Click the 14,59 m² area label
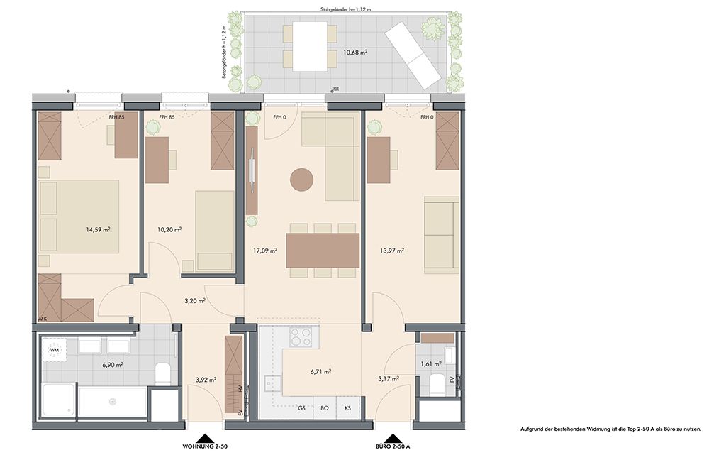[x=98, y=229]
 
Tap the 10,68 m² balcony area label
[x=355, y=52]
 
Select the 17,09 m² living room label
[x=265, y=250]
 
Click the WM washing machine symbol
[x=55, y=350]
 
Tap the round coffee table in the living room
[x=301, y=180]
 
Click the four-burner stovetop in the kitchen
[x=301, y=337]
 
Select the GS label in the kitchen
[x=301, y=408]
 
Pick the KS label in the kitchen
[x=347, y=408]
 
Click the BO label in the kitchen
[x=324, y=408]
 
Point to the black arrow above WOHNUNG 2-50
[x=206, y=438]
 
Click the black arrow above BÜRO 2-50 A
[x=393, y=438]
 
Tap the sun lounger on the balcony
[x=413, y=55]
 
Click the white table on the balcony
[x=311, y=46]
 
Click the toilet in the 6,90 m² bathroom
[x=162, y=373]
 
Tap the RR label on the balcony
[x=336, y=89]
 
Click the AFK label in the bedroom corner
[x=42, y=319]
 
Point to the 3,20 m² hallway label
[x=195, y=300]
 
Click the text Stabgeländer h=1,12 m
[x=345, y=9]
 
